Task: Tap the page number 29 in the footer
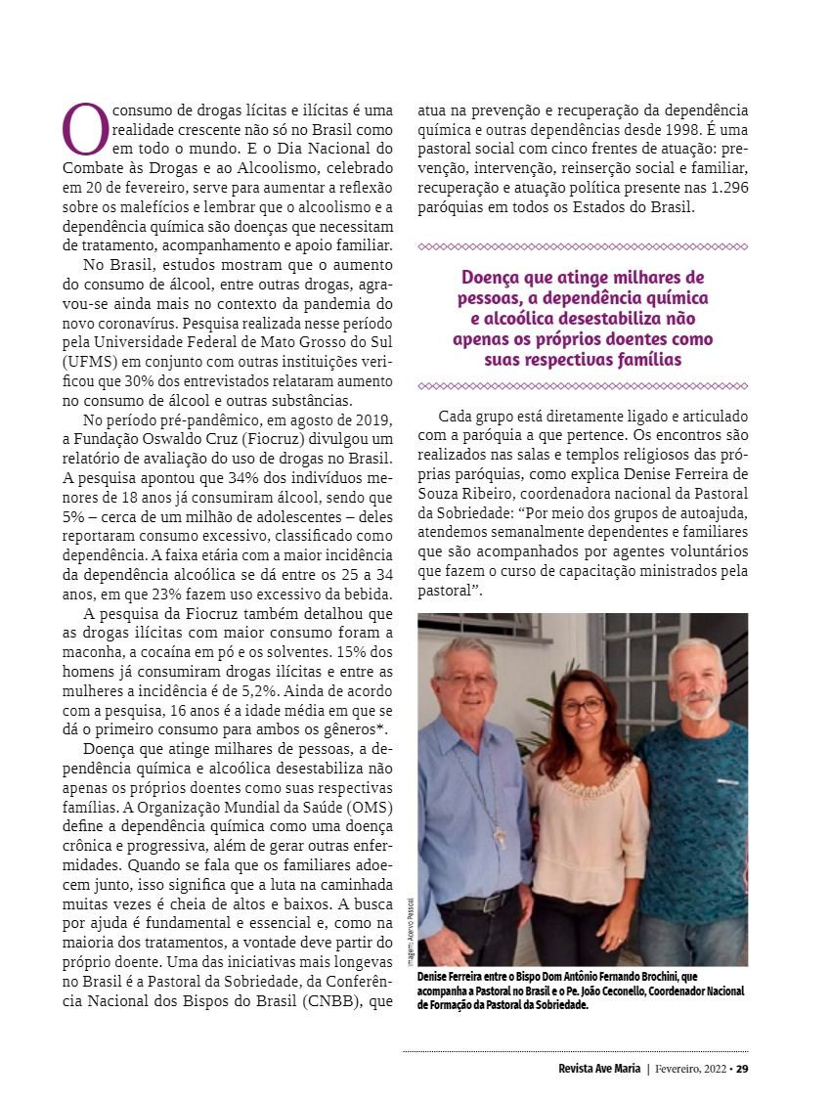coord(742,1068)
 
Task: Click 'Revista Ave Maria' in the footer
coord(592,1068)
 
